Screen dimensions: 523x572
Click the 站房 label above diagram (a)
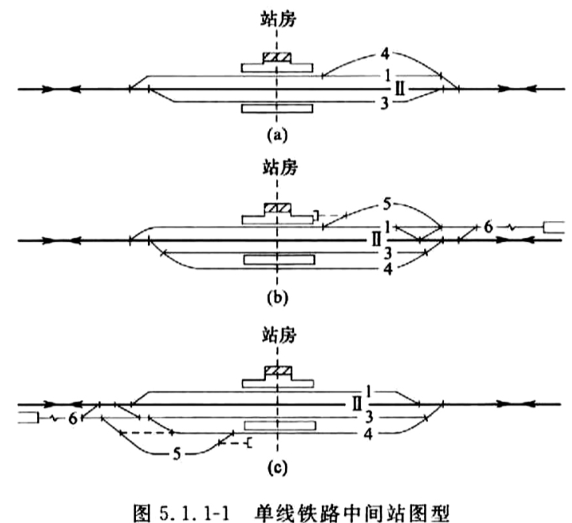277,16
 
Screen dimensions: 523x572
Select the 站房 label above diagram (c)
277,334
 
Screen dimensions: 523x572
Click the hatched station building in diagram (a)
277,57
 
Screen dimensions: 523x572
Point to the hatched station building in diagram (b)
277,208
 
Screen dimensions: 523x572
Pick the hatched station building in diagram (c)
277,372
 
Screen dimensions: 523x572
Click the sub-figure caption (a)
276,136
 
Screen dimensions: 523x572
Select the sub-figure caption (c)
276,468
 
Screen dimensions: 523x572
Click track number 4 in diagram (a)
384,54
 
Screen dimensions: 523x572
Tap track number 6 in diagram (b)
489,227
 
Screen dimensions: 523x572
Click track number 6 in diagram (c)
72,418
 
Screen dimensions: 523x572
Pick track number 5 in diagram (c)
176,453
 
